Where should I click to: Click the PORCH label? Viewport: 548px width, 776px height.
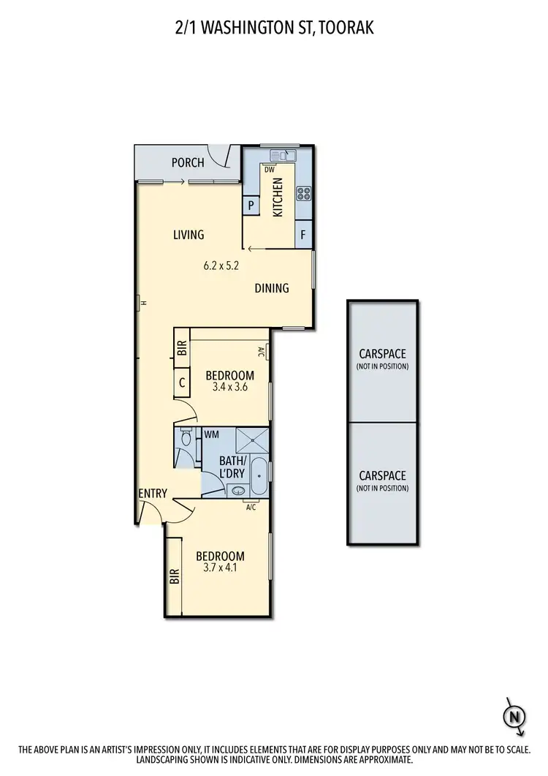(188, 162)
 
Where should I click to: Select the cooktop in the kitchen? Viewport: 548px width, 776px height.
(303, 194)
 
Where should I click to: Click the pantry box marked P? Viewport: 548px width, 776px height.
(251, 206)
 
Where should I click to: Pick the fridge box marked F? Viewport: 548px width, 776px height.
(304, 236)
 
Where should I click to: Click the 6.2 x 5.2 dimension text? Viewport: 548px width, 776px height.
(221, 266)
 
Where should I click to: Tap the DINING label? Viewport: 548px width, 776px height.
(272, 288)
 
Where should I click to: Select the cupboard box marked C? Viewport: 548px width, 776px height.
(182, 383)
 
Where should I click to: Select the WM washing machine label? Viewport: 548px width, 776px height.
(212, 435)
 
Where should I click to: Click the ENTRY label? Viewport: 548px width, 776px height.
(153, 494)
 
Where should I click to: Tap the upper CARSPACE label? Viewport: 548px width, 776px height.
(382, 354)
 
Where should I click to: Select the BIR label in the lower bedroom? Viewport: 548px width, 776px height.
(175, 578)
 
